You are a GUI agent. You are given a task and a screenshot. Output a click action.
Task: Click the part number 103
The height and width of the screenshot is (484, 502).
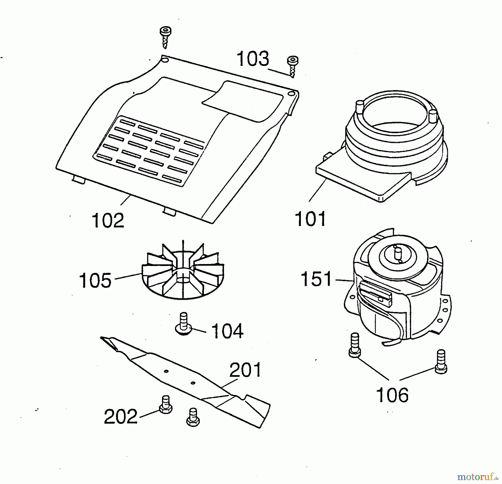253,59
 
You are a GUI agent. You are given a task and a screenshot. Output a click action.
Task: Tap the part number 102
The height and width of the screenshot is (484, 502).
108,221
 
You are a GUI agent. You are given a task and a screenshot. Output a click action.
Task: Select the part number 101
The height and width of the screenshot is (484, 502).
310,219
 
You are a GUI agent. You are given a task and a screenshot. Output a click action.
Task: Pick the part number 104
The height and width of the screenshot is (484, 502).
227,331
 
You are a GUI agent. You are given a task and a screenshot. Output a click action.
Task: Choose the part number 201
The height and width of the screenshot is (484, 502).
245,370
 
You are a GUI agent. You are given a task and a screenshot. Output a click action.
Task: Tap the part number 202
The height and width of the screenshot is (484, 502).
120,416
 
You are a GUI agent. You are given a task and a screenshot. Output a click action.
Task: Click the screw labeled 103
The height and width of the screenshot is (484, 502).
293,66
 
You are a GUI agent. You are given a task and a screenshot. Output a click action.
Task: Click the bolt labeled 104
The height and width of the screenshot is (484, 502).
183,324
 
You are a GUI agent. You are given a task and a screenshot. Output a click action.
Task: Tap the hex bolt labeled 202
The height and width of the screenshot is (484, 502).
166,404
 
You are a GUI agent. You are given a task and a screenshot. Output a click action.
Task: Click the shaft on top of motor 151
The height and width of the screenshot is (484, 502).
397,254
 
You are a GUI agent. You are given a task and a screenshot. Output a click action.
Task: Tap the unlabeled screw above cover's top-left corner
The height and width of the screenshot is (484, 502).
165,37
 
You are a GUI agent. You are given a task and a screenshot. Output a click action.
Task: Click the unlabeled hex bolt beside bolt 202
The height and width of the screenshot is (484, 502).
193,417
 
